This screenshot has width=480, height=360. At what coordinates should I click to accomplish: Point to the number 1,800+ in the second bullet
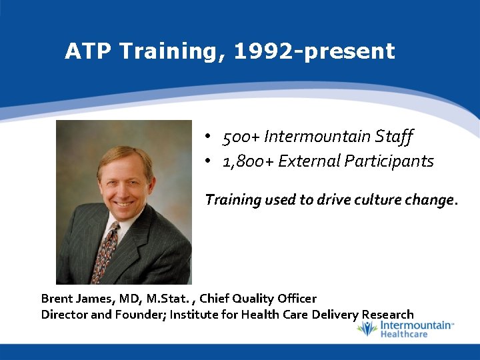(x=248, y=161)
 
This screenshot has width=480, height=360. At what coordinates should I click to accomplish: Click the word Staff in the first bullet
(x=395, y=137)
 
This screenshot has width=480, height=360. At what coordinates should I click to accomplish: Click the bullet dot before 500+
(x=209, y=137)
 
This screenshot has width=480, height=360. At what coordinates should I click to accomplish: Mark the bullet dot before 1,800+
(x=209, y=161)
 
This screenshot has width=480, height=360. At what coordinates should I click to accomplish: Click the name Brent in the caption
(x=57, y=299)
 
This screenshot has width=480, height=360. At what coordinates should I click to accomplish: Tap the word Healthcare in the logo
(x=404, y=333)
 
